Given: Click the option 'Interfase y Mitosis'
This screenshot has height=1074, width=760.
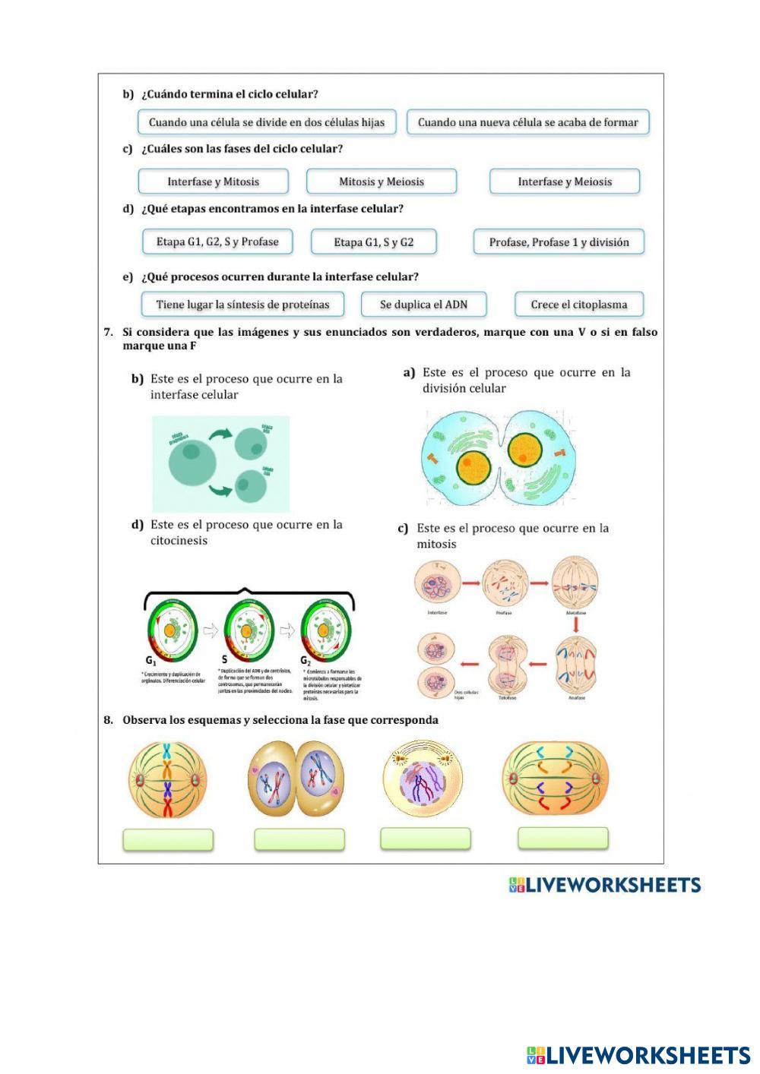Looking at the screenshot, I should (x=213, y=182).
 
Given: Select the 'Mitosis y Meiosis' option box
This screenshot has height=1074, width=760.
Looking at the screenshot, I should (x=382, y=182).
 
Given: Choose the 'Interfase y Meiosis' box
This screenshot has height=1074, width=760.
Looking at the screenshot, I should (x=565, y=182).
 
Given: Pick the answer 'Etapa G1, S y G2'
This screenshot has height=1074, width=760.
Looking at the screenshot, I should (x=374, y=242).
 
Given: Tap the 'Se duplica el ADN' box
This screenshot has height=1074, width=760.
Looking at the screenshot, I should (x=423, y=305).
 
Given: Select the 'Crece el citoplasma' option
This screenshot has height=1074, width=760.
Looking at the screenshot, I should (x=579, y=305).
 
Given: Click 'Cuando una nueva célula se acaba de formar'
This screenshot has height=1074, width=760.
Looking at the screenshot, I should (x=528, y=122).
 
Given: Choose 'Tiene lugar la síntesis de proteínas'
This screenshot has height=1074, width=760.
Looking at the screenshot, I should (x=242, y=305).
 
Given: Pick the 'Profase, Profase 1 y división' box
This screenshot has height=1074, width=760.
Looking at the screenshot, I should (x=559, y=242).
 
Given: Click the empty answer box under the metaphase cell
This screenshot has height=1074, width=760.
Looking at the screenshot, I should (x=168, y=839).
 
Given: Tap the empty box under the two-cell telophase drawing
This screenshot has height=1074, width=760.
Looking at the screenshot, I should (x=299, y=839).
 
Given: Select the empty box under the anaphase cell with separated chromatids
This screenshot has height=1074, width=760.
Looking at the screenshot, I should (x=563, y=838).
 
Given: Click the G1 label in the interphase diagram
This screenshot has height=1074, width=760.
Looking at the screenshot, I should (x=151, y=660).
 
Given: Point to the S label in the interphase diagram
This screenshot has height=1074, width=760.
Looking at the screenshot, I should (x=225, y=660).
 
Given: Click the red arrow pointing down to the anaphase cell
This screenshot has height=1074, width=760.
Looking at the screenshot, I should (x=576, y=624).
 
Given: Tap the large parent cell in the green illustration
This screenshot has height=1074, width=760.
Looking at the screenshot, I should (x=185, y=462).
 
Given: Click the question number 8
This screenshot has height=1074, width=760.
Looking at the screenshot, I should (x=109, y=720).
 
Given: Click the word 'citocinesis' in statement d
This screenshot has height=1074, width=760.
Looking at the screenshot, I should (x=179, y=541).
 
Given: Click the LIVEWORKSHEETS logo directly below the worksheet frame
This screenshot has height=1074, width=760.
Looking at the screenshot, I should (x=604, y=885).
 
